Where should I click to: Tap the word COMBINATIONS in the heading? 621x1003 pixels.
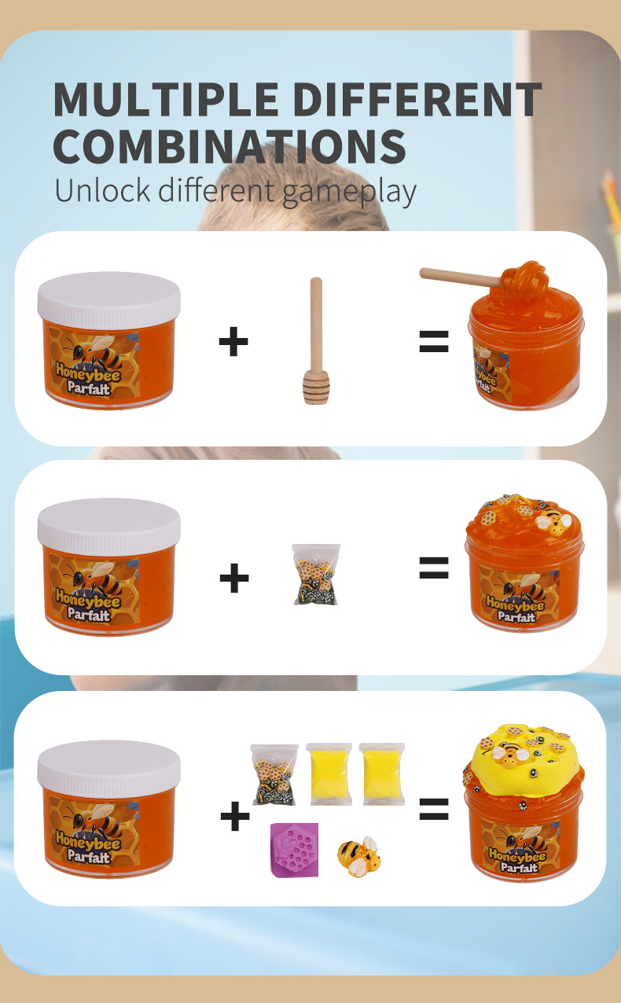(x=230, y=146)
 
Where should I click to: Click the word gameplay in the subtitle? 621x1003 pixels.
(x=349, y=192)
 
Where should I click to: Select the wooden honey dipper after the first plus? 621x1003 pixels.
(x=317, y=341)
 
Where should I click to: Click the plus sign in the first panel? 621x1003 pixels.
(x=233, y=342)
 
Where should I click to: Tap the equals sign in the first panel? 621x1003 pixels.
(x=434, y=341)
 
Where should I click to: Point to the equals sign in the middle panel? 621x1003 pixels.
(x=434, y=568)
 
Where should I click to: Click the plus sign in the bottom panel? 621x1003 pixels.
(x=234, y=816)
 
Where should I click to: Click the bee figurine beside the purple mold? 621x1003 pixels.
(x=359, y=856)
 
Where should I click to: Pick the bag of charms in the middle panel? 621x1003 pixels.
(x=316, y=574)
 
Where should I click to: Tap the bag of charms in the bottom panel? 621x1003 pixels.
(x=274, y=774)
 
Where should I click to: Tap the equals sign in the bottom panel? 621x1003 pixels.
(x=434, y=809)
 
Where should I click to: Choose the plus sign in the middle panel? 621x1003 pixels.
(x=234, y=578)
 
